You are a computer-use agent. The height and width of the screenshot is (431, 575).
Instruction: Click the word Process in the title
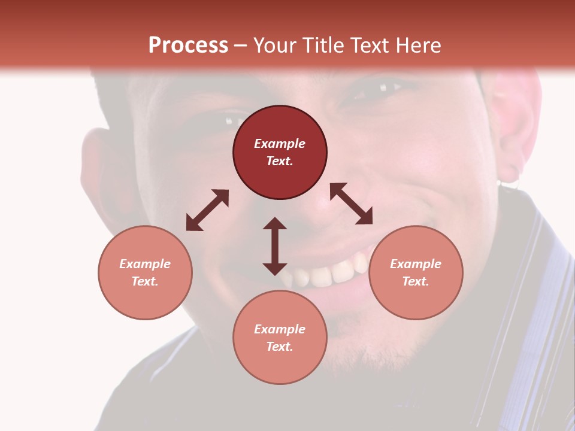(188, 45)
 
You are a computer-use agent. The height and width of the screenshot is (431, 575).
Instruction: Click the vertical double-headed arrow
(275, 246)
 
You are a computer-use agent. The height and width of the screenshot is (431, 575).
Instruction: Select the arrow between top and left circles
(207, 210)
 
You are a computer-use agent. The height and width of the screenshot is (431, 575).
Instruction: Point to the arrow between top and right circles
(351, 204)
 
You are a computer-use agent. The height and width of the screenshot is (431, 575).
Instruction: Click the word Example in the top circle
(280, 144)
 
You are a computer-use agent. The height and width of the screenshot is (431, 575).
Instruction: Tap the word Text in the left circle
(145, 281)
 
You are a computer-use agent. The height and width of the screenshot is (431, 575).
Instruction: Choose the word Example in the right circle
(416, 264)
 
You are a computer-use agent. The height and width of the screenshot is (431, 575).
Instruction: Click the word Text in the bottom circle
(280, 347)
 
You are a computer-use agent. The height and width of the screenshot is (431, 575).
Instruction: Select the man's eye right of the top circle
(374, 90)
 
